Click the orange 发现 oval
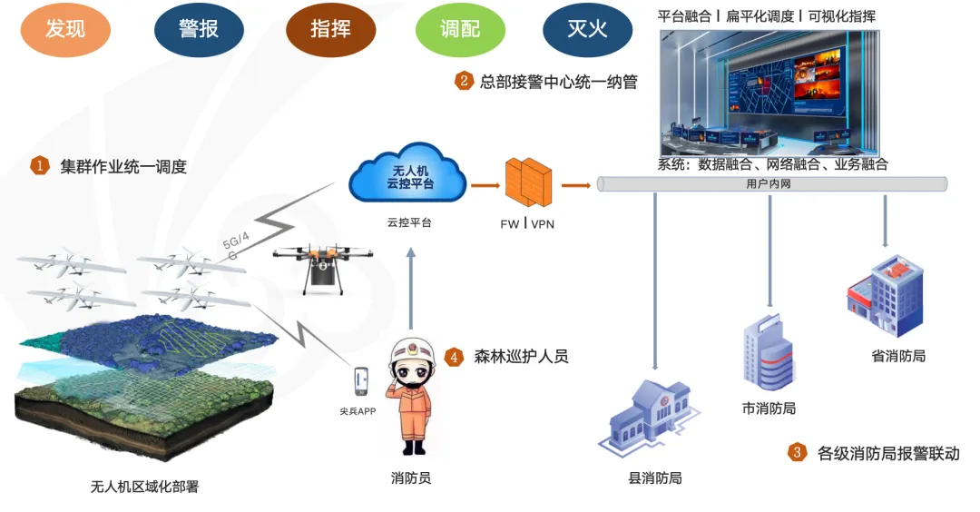click(65, 29)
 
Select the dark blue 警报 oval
click(199, 29)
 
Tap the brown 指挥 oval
click(330, 29)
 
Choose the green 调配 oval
click(460, 29)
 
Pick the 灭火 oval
click(587, 29)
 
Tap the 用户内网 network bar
click(771, 184)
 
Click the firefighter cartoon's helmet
click(414, 356)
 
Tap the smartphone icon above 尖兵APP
click(362, 382)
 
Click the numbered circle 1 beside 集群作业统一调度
click(40, 165)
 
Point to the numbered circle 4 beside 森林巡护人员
click(455, 357)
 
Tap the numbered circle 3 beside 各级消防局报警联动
click(797, 452)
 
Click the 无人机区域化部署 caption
click(144, 487)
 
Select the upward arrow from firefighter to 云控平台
click(411, 290)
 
